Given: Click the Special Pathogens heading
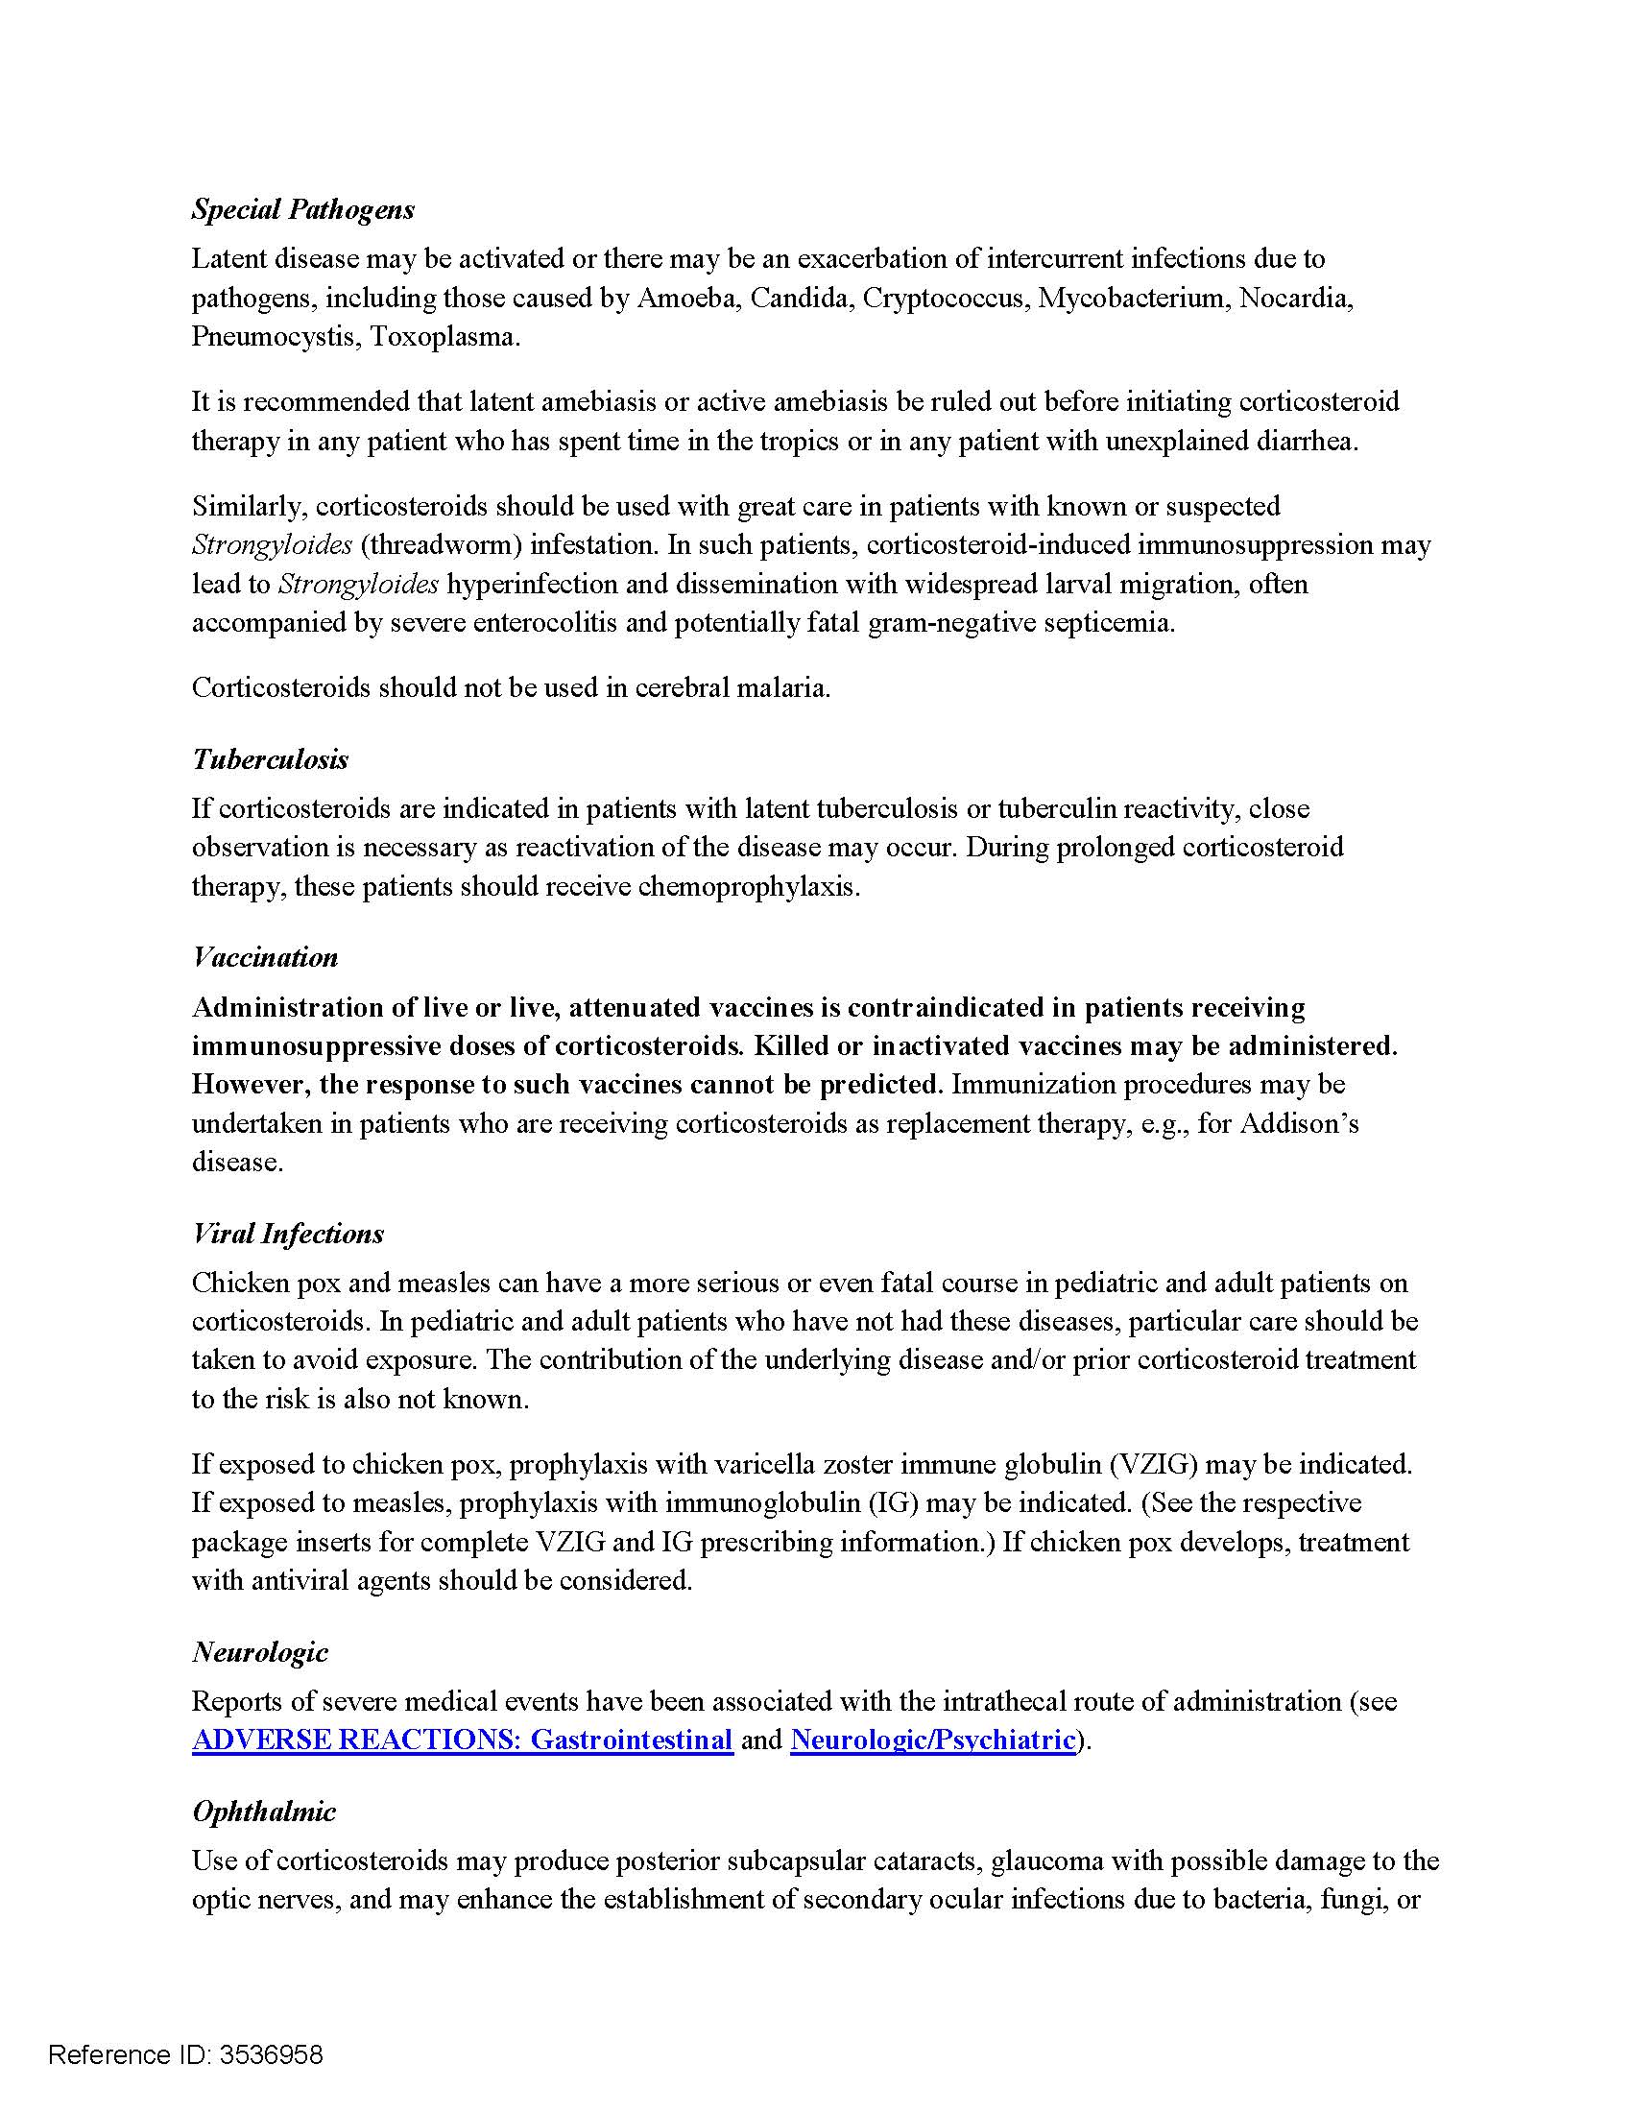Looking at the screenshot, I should pos(302,209).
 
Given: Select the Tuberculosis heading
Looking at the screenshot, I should pos(270,759).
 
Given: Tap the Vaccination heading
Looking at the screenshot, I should pos(265,957).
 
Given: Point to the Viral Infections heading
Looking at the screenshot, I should pos(287,1233).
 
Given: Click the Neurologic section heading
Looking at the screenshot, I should pos(260,1652).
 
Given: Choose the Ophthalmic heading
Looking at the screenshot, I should pos(264,1812).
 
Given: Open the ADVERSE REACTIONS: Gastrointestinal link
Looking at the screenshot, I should pos(462,1740).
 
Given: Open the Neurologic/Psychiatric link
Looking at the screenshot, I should pos(933,1740).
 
